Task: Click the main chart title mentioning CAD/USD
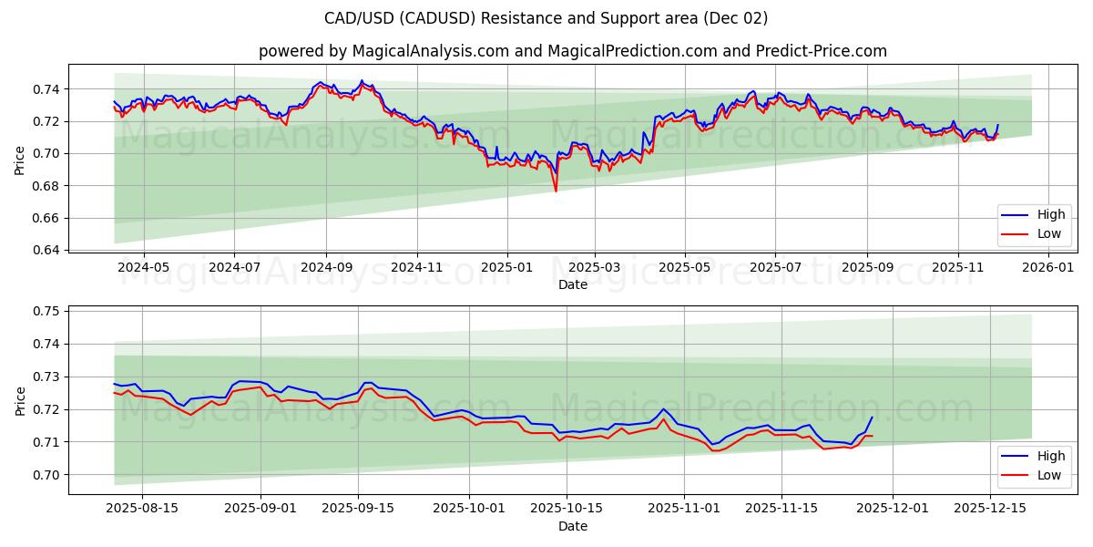click(x=546, y=18)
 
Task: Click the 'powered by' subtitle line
click(x=572, y=51)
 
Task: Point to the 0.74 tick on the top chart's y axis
click(x=46, y=89)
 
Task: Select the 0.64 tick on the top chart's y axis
click(x=46, y=250)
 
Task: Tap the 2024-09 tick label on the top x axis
click(x=326, y=268)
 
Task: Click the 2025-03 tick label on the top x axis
click(x=595, y=268)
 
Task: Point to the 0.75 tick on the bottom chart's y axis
click(x=46, y=311)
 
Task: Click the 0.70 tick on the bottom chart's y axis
click(x=46, y=475)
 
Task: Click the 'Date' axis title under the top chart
click(x=573, y=284)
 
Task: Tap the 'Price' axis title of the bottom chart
click(x=20, y=399)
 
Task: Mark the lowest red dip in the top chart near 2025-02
click(x=556, y=191)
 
